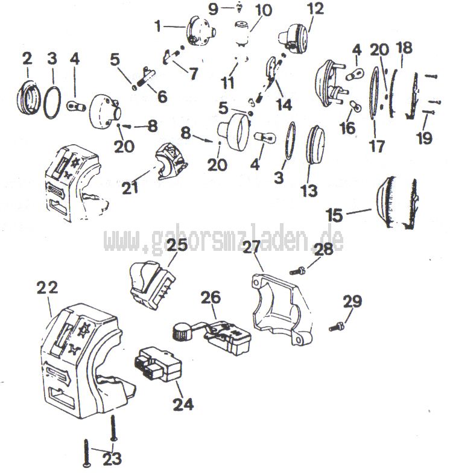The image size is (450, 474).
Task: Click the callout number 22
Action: [47, 288]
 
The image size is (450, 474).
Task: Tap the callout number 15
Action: [334, 215]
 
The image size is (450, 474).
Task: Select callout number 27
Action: [252, 247]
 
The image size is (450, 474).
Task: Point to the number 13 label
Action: [309, 191]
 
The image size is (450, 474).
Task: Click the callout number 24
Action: [183, 404]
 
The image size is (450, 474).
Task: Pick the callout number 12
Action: [315, 8]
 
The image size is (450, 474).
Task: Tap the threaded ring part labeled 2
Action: [28, 96]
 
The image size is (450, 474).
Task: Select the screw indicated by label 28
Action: [298, 271]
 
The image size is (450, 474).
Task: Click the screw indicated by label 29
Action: [337, 327]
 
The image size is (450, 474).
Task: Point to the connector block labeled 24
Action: [157, 364]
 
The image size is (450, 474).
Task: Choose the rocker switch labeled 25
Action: [152, 285]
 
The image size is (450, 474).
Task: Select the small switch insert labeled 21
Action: [171, 162]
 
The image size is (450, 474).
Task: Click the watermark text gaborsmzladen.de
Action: [224, 240]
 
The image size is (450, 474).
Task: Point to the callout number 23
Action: [112, 459]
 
